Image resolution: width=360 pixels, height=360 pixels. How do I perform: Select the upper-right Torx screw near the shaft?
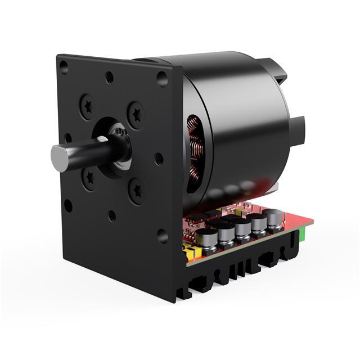(x=136, y=114)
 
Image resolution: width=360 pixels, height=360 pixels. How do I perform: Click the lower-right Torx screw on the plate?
(x=137, y=191)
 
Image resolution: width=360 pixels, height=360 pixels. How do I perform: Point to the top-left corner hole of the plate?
(x=64, y=67)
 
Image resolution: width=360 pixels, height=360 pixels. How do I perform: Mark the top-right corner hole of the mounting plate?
(x=162, y=78)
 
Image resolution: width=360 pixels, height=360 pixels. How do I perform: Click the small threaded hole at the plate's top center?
(x=110, y=77)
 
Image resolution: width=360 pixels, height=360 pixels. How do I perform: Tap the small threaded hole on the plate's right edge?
(x=159, y=159)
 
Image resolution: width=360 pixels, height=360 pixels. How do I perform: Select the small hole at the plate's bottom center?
(x=112, y=215)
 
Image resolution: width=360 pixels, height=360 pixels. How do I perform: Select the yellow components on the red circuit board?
(x=191, y=251)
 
